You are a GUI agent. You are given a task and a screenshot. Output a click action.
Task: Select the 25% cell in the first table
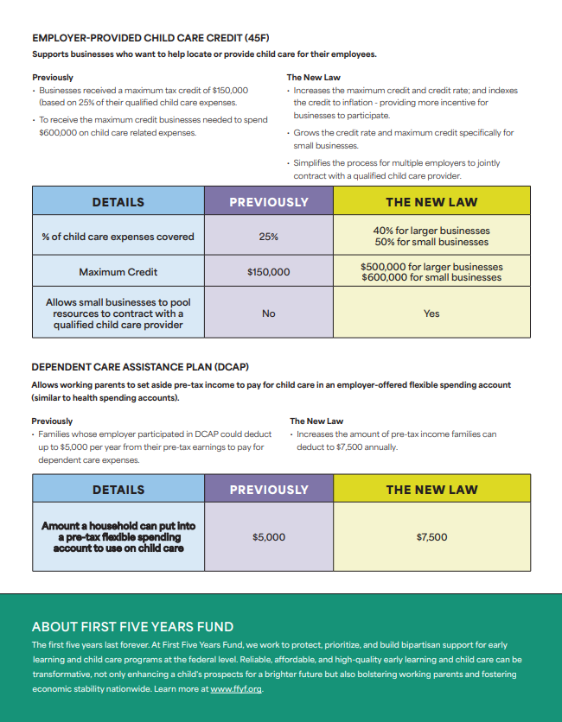coord(268,237)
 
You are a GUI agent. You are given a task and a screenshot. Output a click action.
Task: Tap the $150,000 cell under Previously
coord(268,272)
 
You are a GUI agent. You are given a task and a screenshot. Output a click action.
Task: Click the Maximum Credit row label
coord(118,272)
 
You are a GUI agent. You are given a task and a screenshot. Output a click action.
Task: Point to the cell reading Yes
coord(431,313)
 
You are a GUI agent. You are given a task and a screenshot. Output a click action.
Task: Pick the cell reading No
coord(268,313)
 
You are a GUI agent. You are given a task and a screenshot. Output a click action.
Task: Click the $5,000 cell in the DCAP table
coord(268,537)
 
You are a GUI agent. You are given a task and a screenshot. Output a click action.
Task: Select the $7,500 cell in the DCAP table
coord(431,537)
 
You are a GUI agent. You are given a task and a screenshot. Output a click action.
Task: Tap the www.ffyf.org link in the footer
coord(236,689)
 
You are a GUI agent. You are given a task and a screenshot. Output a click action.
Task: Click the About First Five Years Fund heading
coord(132,627)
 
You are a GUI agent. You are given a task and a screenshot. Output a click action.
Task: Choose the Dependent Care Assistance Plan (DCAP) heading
coord(128,367)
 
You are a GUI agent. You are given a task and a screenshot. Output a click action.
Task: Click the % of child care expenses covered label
coord(118,237)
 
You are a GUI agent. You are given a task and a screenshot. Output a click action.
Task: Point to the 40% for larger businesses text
coord(431,231)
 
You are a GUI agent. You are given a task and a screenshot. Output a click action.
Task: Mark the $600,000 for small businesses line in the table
coord(431,277)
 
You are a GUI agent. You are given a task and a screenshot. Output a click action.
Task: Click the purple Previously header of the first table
coord(268,202)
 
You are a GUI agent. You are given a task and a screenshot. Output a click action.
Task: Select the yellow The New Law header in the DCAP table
coord(431,490)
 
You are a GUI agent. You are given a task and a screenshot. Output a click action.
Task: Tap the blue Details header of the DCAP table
coord(118,490)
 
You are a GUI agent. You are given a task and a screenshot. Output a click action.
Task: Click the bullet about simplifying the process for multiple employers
coord(396,169)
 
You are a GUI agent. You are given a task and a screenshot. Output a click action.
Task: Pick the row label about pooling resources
coord(118,313)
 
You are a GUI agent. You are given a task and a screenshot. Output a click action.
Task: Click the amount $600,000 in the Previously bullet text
coord(59,133)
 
